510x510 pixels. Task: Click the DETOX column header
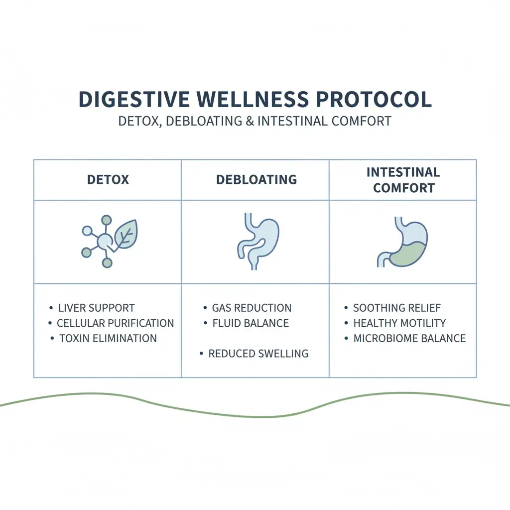(x=108, y=179)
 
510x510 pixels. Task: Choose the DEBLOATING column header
(x=256, y=179)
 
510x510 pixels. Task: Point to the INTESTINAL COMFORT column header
(x=403, y=180)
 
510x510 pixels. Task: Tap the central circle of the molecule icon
(x=105, y=243)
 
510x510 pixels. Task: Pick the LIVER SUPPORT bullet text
(x=96, y=308)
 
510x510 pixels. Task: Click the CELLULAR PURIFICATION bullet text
(x=115, y=323)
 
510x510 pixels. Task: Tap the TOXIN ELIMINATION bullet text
(x=108, y=339)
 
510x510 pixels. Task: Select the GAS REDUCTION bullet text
(x=252, y=308)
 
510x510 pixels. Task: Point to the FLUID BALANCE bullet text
(x=251, y=323)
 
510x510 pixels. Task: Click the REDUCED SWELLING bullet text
(x=258, y=354)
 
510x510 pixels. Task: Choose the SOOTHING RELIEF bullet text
(x=397, y=308)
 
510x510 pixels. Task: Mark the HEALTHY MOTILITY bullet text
(x=399, y=323)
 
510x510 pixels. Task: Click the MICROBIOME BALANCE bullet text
(x=409, y=339)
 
